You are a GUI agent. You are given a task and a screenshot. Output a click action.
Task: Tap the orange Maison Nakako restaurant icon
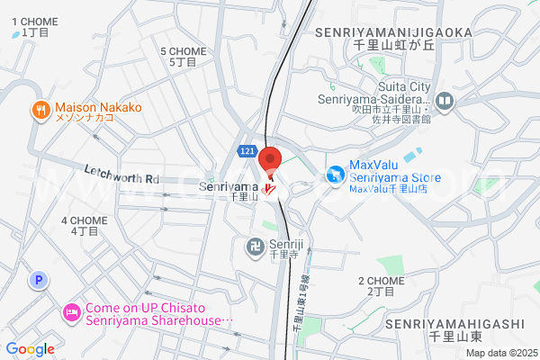point(40,111)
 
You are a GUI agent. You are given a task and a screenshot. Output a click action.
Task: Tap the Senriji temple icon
point(255,244)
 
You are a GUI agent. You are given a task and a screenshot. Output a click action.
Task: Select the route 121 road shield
point(247,150)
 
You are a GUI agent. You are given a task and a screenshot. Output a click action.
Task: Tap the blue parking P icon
point(39,281)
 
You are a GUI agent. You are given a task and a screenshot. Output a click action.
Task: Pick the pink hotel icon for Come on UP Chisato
point(71,313)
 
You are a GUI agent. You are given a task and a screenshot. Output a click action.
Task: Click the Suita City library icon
point(445,99)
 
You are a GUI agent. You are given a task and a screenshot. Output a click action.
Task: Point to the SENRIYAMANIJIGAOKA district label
point(394,32)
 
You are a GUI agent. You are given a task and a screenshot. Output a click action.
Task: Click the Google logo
point(30,348)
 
